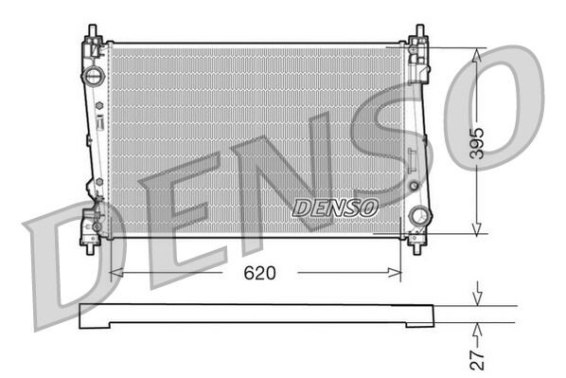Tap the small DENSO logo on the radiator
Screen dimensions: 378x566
(335, 206)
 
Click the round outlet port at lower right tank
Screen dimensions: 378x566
(416, 217)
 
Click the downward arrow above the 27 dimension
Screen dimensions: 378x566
(479, 297)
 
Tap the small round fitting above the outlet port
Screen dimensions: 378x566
(413, 186)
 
